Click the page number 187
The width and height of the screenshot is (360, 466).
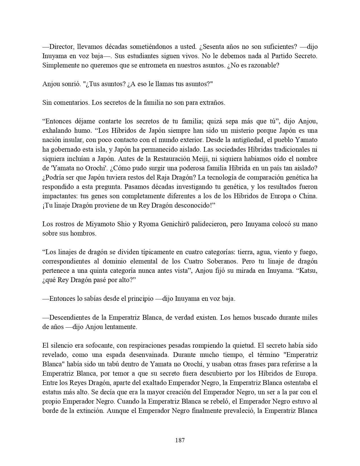point(180,440)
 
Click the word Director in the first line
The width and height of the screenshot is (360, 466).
point(61,47)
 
